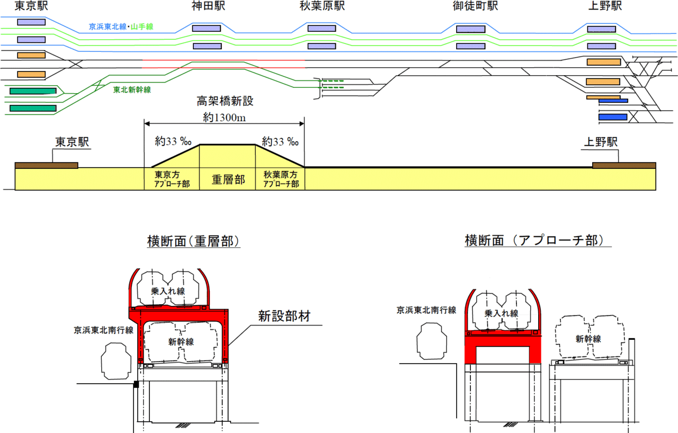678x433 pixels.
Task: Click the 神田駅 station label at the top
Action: click(207, 7)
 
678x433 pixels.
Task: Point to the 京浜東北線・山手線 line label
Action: click(121, 26)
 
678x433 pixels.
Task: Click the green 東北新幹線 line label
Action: click(132, 90)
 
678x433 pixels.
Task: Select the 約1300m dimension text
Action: click(224, 117)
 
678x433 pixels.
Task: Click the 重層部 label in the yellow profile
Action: click(228, 179)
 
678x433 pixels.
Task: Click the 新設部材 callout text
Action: click(283, 317)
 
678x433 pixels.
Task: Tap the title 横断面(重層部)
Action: click(194, 241)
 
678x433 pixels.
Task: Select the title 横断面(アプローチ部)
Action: click(534, 241)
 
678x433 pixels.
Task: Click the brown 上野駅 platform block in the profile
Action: click(623, 166)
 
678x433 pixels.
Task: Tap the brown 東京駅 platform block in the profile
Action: click(46, 166)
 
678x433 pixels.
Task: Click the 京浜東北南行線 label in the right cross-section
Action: click(426, 310)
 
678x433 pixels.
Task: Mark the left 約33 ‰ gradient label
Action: click(174, 142)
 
